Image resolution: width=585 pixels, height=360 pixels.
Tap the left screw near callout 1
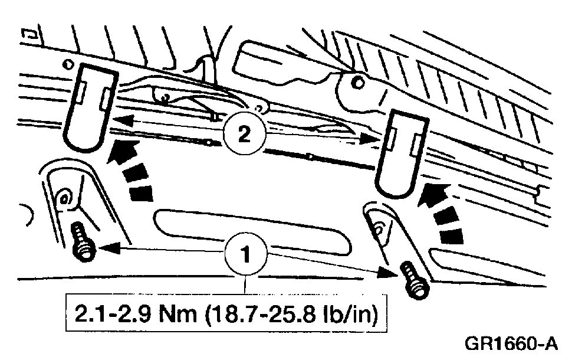pos(83,243)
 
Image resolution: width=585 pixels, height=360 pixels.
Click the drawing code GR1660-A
pos(511,343)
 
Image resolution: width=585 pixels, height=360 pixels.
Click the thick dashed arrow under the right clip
pos(439,212)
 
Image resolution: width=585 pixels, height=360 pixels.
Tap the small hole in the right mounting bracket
pos(379,224)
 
